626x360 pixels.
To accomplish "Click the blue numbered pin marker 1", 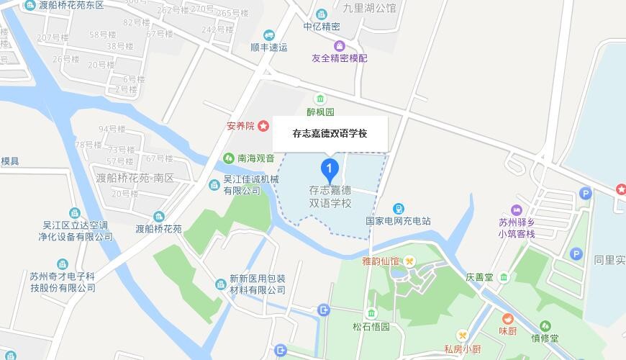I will click(330, 170).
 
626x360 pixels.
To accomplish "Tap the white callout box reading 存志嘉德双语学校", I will click(330, 133).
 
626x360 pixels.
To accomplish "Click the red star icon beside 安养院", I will click(264, 126).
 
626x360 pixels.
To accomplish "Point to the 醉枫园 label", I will click(320, 112).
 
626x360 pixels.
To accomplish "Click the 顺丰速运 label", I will click(268, 47).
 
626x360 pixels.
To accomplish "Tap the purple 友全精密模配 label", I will click(339, 58).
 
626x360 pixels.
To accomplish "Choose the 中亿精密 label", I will click(322, 26).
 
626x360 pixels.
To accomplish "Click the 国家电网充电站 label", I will click(398, 220).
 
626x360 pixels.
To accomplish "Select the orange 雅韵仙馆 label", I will click(380, 261).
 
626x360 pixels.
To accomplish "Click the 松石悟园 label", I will click(371, 326).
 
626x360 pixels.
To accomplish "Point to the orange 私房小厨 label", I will click(462, 349).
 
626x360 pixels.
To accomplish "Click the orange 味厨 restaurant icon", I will click(508, 318).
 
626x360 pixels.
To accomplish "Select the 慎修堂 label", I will click(545, 338).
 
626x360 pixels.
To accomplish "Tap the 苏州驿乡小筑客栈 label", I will click(517, 228).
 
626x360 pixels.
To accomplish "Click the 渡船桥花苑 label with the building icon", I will click(159, 228).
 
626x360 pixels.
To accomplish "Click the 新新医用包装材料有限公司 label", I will click(257, 284).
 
